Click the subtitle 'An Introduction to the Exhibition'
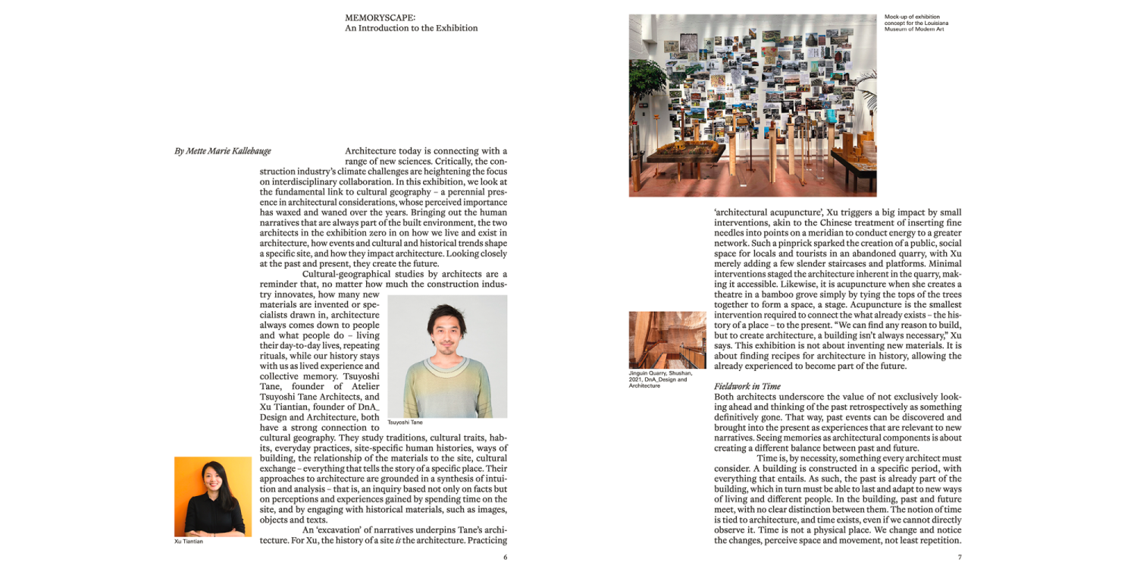[411, 28]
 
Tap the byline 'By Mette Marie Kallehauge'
[222, 152]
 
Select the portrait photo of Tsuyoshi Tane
[447, 357]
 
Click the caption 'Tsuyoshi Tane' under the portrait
[405, 423]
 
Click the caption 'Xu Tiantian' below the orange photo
[189, 542]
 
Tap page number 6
[505, 558]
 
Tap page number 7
[960, 558]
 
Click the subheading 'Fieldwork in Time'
[747, 386]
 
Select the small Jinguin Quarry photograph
[667, 340]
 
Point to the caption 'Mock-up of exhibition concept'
[916, 23]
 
